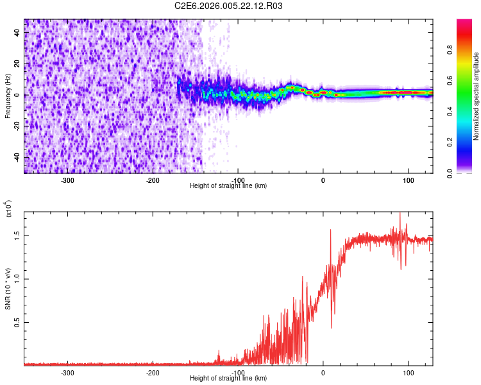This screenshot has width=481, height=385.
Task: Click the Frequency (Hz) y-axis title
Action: (8, 96)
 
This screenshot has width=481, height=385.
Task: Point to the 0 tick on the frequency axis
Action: (18, 95)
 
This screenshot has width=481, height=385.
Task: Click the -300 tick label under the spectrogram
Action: (67, 180)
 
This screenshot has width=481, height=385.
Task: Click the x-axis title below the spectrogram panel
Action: (228, 185)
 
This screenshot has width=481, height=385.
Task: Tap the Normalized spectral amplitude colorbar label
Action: (476, 96)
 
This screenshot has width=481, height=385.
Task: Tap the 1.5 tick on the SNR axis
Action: (18, 235)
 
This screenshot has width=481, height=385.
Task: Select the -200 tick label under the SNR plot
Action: (153, 372)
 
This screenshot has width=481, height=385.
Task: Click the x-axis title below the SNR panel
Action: (228, 378)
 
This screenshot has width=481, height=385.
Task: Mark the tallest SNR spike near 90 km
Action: (400, 214)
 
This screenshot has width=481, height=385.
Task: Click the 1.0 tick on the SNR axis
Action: (18, 278)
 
